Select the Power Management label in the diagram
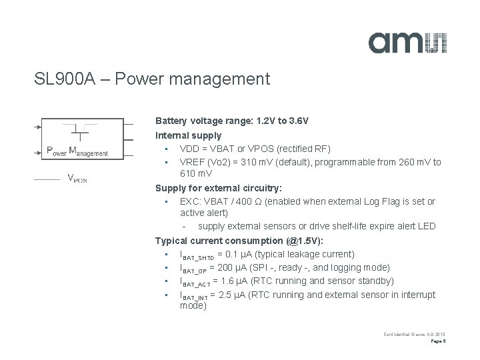(x=77, y=152)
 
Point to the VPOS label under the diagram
(x=77, y=178)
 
